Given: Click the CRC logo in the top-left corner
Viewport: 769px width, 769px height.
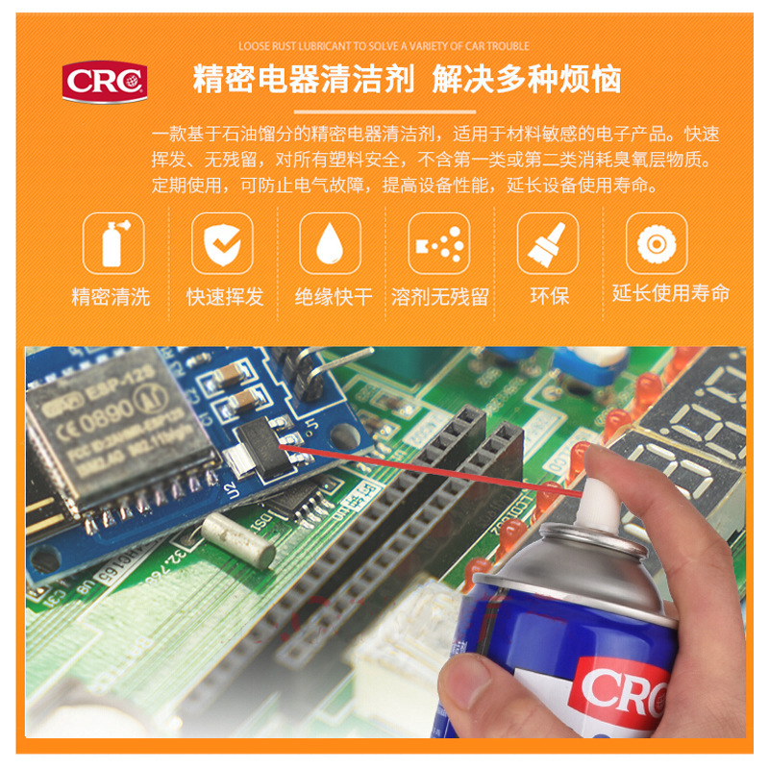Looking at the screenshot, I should [105, 81].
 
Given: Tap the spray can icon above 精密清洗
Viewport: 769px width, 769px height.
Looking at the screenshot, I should [113, 242].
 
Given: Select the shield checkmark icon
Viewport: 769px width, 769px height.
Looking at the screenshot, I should [222, 242].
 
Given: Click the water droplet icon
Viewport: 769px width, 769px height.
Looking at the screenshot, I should [330, 242].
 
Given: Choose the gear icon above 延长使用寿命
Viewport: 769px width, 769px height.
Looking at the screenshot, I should [657, 242].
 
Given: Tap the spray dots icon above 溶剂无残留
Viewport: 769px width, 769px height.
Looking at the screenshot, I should [438, 242].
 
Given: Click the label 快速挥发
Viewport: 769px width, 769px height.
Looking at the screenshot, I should [224, 297].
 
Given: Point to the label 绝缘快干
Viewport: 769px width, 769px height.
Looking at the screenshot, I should [333, 297].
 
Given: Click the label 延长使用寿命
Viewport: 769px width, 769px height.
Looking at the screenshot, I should [671, 293].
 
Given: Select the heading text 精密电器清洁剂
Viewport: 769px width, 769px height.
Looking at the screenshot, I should [304, 79].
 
